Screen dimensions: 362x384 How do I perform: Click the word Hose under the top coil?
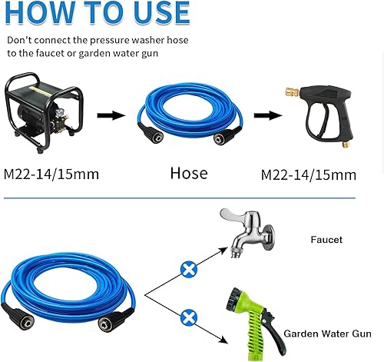188,173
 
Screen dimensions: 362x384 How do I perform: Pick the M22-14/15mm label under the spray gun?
310,174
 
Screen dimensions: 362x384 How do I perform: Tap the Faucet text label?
326,240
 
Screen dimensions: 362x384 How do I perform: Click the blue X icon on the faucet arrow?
187,268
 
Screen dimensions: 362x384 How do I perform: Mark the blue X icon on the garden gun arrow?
187,316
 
